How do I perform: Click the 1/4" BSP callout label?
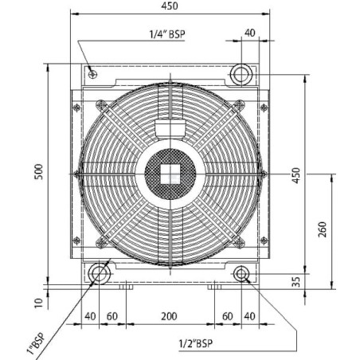coord(167,34)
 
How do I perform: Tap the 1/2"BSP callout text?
coord(196,343)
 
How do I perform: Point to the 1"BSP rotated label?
coord(37,343)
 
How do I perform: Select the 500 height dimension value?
coord(39,172)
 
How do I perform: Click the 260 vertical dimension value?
coord(322,229)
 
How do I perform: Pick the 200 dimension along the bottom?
coord(169,316)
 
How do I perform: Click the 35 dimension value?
coord(295,282)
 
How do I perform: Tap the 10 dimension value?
coord(39,303)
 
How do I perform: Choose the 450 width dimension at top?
coord(170,6)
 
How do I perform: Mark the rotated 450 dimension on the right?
coord(295,175)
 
